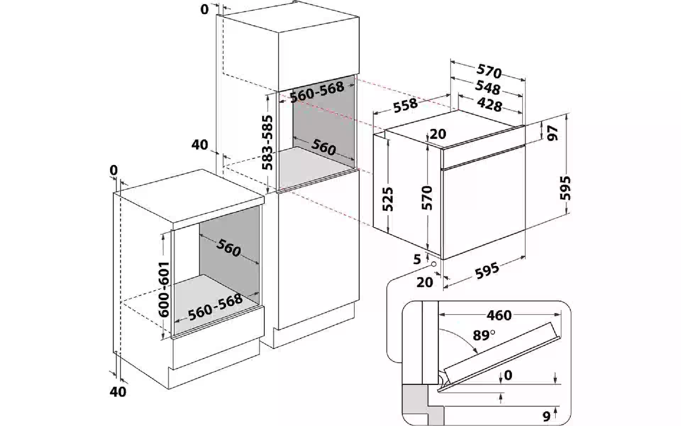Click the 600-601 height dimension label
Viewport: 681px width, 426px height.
pos(164,289)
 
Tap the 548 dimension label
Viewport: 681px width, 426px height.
pos(488,87)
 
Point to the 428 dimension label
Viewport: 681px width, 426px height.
pos(489,105)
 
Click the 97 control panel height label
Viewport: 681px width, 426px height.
pos(553,133)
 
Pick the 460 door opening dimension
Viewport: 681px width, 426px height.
pos(499,315)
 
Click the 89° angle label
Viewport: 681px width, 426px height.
pos(483,335)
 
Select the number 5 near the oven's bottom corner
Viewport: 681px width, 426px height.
pos(417,259)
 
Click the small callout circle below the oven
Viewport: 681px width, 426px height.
pos(434,264)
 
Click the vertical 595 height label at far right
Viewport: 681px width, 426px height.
pos(565,188)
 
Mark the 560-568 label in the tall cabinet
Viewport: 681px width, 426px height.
pos(317,92)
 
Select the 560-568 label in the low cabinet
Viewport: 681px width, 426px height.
pos(215,307)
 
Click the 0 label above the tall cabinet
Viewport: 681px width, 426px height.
pos(205,10)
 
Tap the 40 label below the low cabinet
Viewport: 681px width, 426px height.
pos(118,392)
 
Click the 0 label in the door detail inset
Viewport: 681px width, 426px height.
pos(508,376)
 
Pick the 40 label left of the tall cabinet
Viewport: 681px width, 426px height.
pos(200,144)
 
